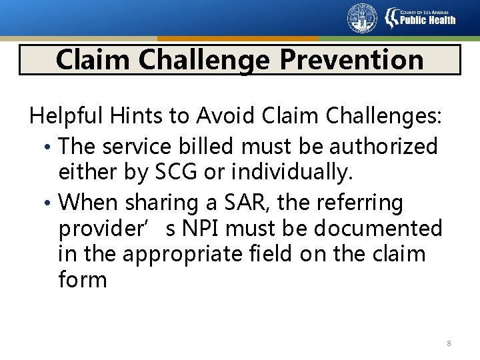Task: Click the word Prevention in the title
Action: (x=351, y=59)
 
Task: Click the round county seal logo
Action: (x=362, y=18)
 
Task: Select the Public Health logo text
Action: (x=427, y=19)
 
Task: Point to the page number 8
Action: (x=449, y=343)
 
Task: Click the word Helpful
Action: (x=63, y=117)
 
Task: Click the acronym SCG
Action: (x=176, y=173)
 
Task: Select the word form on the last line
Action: (x=83, y=280)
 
